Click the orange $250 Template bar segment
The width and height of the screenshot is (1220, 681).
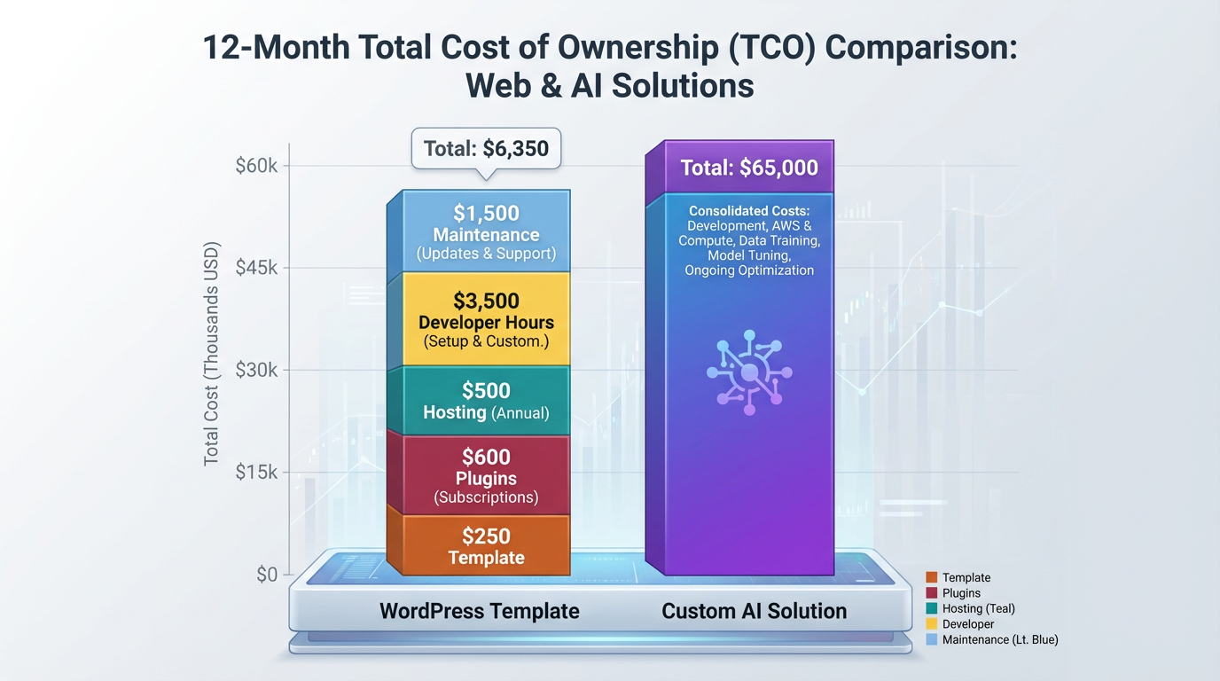click(x=486, y=545)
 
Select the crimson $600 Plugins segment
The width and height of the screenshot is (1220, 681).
click(x=486, y=475)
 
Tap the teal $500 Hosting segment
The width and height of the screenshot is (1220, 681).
click(x=486, y=401)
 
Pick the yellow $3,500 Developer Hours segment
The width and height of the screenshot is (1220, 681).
click(x=486, y=320)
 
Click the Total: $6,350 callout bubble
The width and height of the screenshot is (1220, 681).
click(x=486, y=149)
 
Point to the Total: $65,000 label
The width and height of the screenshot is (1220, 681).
click(x=748, y=168)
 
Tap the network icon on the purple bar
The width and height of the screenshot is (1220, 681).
click(x=748, y=372)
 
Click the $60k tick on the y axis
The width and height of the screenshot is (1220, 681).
click(x=256, y=166)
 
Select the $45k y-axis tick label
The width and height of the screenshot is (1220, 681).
click(x=256, y=268)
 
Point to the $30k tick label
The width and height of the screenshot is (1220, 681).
click(x=256, y=370)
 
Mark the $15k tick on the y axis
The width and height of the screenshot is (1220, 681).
click(x=256, y=473)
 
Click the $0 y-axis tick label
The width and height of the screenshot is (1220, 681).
click(x=266, y=575)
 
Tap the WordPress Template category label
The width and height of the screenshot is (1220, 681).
click(x=479, y=611)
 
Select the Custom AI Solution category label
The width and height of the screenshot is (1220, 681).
click(x=754, y=611)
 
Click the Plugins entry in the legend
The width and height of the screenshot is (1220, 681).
click(x=961, y=593)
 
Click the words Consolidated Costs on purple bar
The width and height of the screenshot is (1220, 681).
click(x=748, y=211)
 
